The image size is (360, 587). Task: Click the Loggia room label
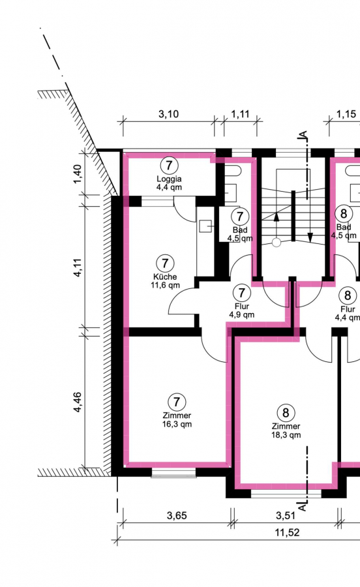coord(169,179)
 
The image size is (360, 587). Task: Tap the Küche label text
coord(165,277)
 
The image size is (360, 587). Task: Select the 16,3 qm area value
coord(177,424)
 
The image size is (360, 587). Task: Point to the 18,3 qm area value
coord(286,435)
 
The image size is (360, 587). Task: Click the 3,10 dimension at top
coord(168,113)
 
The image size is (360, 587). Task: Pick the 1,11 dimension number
coord(240,113)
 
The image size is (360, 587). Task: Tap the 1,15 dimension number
coord(346,113)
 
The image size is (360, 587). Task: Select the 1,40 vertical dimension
coord(78,174)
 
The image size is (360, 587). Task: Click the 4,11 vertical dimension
coord(78,267)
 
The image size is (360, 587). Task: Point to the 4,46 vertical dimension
coord(78,402)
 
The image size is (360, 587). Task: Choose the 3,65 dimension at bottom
coord(177,515)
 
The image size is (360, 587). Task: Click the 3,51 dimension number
coord(286,515)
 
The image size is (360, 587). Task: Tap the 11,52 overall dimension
coord(287,532)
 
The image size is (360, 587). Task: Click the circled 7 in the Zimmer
coord(177,402)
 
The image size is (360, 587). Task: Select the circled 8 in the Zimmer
coord(286,413)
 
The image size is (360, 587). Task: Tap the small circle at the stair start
coord(276,243)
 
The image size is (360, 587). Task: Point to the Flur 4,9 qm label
coord(242,310)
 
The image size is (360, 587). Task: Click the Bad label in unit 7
coord(240,230)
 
